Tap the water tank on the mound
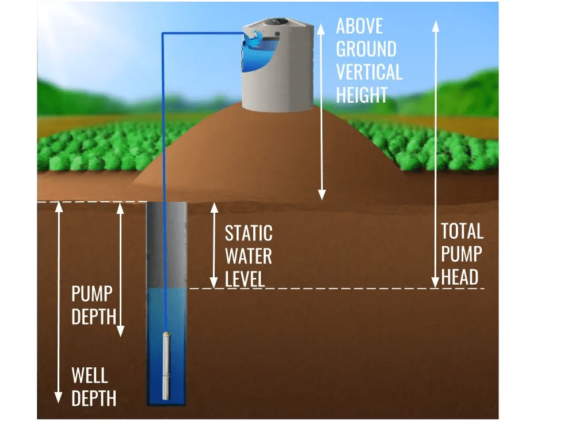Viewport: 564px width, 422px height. [278, 72]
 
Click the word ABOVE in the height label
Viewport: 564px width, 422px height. [359, 27]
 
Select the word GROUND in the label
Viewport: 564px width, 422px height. [366, 49]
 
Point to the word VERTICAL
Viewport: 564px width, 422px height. [369, 72]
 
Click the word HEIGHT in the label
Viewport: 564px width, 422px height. [362, 95]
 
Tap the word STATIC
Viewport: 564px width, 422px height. [249, 233]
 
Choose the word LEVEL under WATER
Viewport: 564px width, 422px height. [245, 279]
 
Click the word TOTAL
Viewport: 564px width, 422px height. [462, 232]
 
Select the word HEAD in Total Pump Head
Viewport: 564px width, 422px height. [460, 277]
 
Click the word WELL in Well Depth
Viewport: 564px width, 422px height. [89, 376]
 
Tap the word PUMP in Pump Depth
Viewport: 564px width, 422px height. [92, 293]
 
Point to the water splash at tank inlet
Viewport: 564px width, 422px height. [254, 40]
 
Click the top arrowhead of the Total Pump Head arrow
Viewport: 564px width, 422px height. [436, 25]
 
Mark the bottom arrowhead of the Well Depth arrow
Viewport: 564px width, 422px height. [58, 398]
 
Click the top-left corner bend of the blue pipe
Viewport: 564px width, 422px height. [163, 35]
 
